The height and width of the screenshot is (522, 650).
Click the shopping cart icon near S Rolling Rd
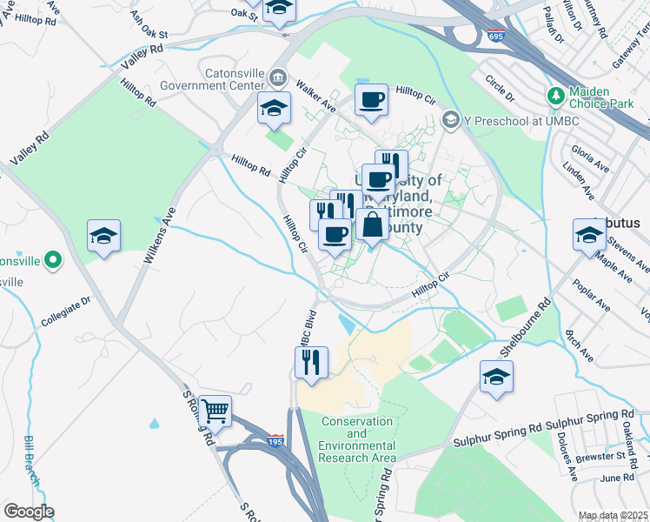pyautogui.click(x=215, y=410)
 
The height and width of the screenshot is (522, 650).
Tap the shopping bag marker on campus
pyautogui.click(x=372, y=224)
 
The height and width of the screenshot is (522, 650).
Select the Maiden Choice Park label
pyautogui.click(x=602, y=97)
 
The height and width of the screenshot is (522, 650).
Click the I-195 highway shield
pyautogui.click(x=275, y=442)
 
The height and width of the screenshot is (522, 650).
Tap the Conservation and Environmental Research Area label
pyautogui.click(x=358, y=439)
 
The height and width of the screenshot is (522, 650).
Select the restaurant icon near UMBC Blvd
pyautogui.click(x=311, y=361)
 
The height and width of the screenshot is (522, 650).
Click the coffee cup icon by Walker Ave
pyautogui.click(x=371, y=99)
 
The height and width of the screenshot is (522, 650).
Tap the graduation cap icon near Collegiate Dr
pyautogui.click(x=103, y=236)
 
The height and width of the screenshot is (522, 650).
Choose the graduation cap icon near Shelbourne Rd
pyautogui.click(x=496, y=376)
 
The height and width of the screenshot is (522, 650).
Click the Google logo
pyautogui.click(x=29, y=512)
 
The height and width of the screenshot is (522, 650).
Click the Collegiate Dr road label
pyautogui.click(x=66, y=311)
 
